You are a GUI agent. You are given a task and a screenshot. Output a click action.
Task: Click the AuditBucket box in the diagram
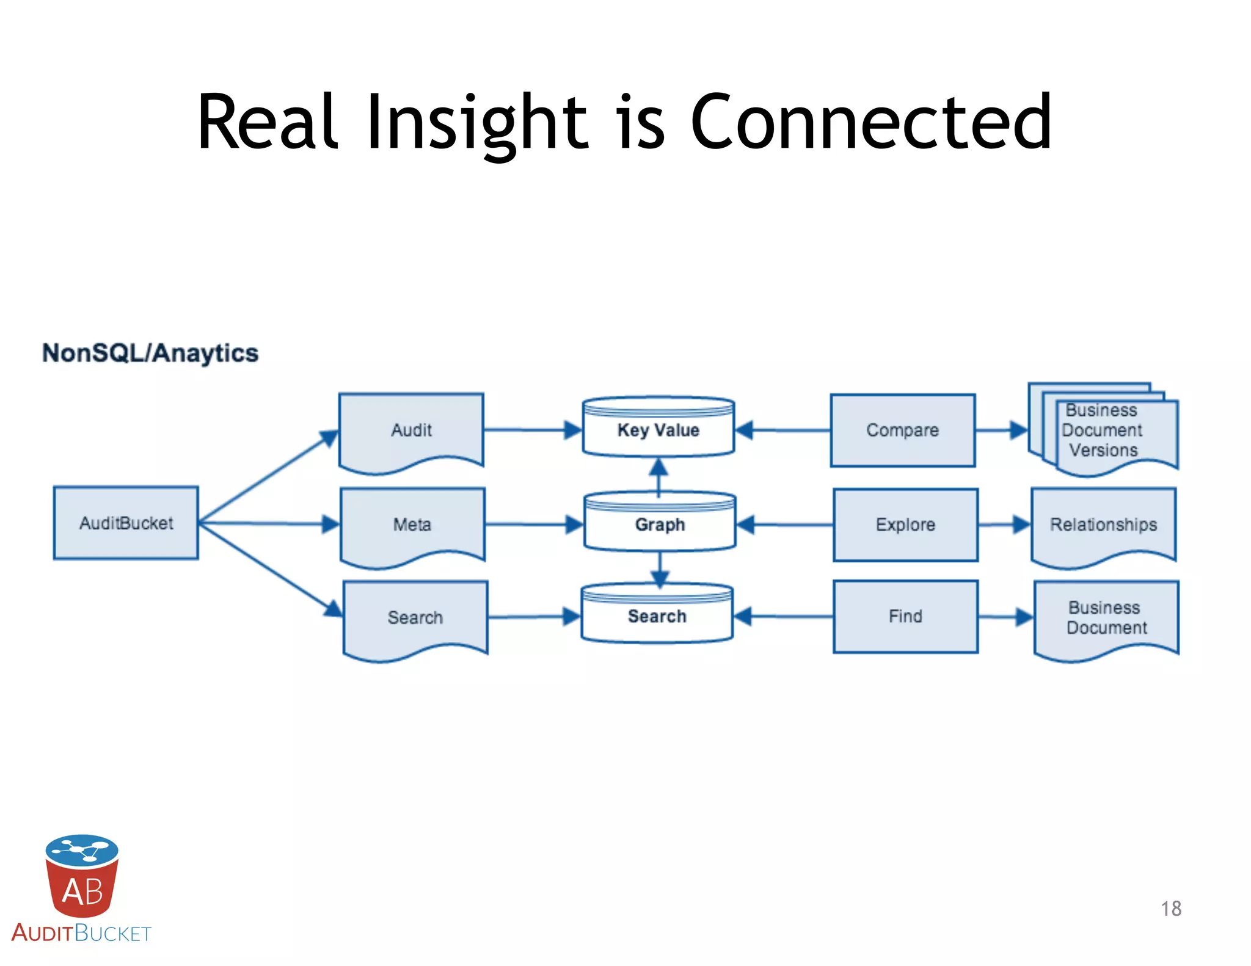(126, 523)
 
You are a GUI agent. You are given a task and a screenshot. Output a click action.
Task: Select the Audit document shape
(411, 430)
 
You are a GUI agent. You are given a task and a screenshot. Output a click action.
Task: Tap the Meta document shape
(412, 524)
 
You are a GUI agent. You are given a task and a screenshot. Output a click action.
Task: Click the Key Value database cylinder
(658, 429)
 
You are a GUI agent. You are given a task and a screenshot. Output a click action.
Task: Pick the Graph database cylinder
(660, 524)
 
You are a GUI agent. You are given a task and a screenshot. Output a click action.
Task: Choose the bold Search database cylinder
(657, 616)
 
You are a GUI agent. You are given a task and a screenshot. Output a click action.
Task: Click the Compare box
(902, 430)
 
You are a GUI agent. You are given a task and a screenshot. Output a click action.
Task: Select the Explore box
(905, 524)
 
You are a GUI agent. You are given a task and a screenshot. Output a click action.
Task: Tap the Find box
(905, 616)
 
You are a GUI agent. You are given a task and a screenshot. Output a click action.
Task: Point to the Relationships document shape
(1103, 524)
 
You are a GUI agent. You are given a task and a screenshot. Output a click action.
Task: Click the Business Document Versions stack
(1103, 430)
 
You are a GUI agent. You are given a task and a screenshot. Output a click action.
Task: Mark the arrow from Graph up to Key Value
(658, 476)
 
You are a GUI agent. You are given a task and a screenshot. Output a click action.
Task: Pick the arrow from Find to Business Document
(1005, 617)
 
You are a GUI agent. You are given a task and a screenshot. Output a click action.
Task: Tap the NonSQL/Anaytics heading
(150, 353)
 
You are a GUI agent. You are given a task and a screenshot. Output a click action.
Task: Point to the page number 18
(1171, 909)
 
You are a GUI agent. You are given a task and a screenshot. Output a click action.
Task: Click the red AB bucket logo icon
(82, 876)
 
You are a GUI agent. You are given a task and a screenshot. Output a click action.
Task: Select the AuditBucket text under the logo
(81, 933)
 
